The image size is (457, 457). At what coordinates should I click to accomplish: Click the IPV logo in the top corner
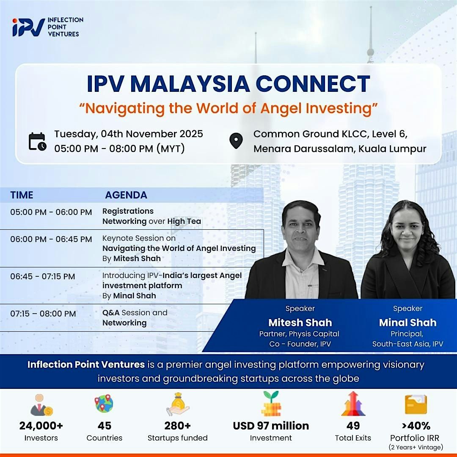[29, 27]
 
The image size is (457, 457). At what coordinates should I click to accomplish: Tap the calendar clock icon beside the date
[37, 141]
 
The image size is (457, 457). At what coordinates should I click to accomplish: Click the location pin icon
[236, 141]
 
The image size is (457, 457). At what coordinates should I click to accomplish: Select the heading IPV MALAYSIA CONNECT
[228, 84]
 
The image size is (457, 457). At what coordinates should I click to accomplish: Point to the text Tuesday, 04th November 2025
[129, 134]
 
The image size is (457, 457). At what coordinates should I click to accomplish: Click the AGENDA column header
[126, 195]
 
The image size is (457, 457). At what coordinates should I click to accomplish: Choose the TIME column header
[22, 195]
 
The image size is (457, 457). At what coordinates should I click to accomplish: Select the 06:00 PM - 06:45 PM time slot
[51, 239]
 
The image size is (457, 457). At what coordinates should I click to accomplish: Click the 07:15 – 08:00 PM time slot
[43, 314]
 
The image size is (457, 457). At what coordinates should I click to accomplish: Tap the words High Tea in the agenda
[184, 221]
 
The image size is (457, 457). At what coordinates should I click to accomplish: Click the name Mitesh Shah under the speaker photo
[300, 323]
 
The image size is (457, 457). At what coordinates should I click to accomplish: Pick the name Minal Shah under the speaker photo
[407, 323]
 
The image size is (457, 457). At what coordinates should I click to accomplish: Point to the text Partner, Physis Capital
[299, 334]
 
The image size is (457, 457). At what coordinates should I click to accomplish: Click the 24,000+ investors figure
[41, 425]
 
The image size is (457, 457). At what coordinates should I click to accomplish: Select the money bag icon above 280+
[177, 404]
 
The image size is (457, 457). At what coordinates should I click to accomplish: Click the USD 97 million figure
[271, 425]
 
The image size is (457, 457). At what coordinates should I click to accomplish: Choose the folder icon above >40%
[416, 405]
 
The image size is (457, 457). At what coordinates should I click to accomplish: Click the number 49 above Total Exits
[353, 425]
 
